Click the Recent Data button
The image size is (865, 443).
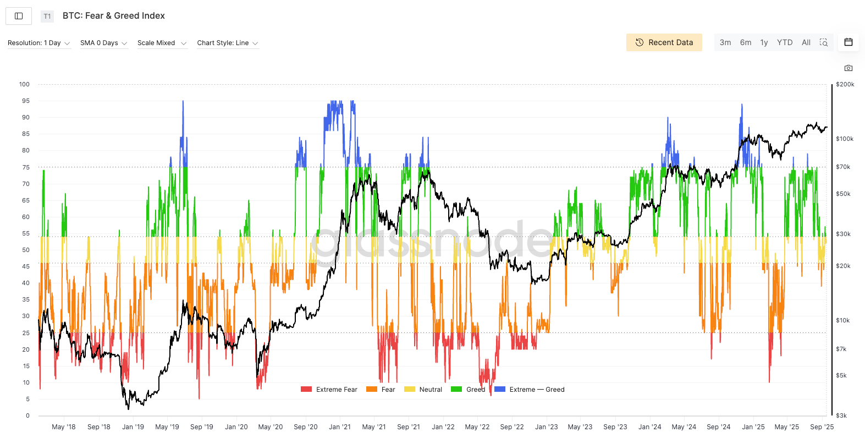(664, 42)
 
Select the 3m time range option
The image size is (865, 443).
(725, 42)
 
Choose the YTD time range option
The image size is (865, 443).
(784, 42)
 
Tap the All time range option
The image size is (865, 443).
(806, 42)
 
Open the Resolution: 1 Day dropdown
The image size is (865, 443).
(39, 43)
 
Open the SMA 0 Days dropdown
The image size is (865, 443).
(104, 43)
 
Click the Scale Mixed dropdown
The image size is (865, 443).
(162, 43)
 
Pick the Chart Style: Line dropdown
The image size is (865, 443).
(228, 43)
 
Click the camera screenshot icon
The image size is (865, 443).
(849, 68)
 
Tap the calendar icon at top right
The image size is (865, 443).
(849, 42)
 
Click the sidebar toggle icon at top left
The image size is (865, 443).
(19, 16)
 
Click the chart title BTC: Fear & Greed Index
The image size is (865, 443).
(114, 16)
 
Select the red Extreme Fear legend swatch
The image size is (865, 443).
(306, 390)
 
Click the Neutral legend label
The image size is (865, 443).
(431, 390)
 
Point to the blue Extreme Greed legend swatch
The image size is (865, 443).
(500, 390)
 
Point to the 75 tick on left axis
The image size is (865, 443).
(26, 167)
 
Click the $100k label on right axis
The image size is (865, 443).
(845, 139)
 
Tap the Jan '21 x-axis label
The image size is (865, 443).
(339, 427)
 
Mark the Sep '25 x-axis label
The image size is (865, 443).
(822, 427)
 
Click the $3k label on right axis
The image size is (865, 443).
(841, 415)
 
